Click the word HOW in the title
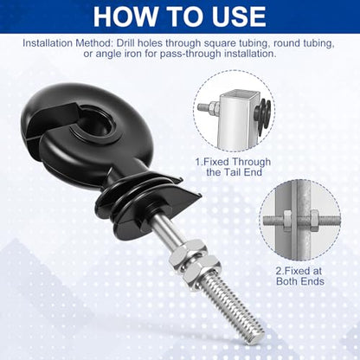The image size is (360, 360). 125,16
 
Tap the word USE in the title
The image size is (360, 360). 238,16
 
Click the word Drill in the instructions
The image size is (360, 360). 125,43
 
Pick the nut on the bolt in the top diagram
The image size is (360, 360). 214,108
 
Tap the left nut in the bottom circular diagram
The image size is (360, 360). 287,221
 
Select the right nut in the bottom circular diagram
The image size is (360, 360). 315,221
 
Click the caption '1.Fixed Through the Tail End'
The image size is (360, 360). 233,167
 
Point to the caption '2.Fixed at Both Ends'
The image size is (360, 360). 300,276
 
